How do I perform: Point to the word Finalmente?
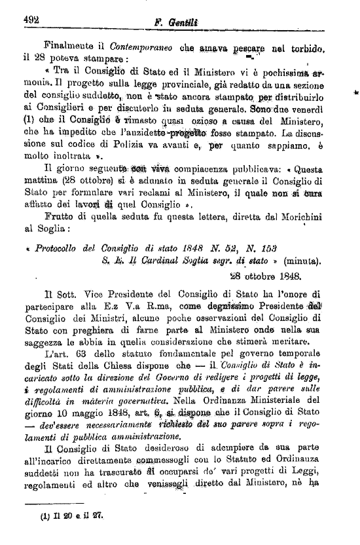(x=66, y=47)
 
